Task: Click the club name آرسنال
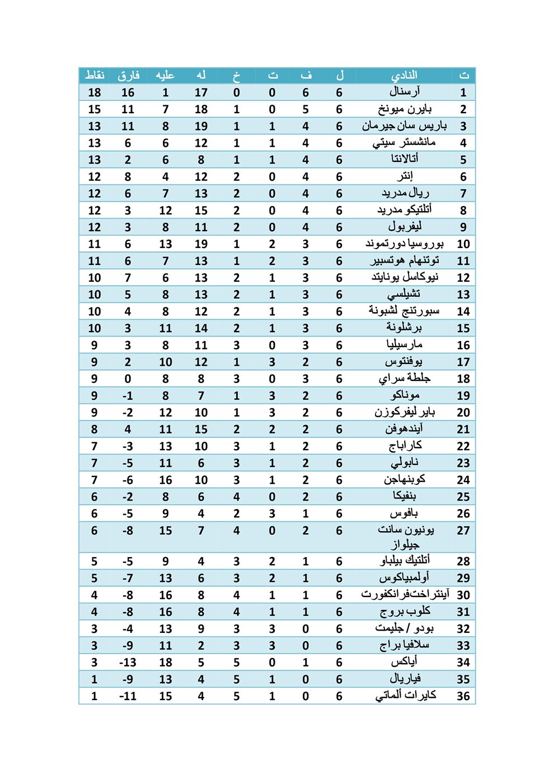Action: pyautogui.click(x=404, y=92)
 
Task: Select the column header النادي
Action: pyautogui.click(x=403, y=75)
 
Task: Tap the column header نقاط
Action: pyautogui.click(x=94, y=75)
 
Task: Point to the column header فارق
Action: pyautogui.click(x=128, y=75)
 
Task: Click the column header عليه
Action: pyautogui.click(x=165, y=75)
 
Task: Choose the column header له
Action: pyautogui.click(x=201, y=75)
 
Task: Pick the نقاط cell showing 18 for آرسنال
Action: pyautogui.click(x=94, y=92)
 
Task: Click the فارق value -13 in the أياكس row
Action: pyautogui.click(x=128, y=662)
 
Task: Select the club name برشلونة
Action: pyautogui.click(x=403, y=328)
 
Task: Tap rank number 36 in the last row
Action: pyautogui.click(x=463, y=696)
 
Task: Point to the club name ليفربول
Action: pyautogui.click(x=404, y=227)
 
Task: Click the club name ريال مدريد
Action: pyautogui.click(x=405, y=193)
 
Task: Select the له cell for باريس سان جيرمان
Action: pyautogui.click(x=201, y=126)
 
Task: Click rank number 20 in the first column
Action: pyautogui.click(x=463, y=412)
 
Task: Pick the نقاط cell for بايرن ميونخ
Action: pyautogui.click(x=94, y=109)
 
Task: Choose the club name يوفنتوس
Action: pyautogui.click(x=403, y=362)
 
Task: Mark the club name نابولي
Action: pyautogui.click(x=404, y=463)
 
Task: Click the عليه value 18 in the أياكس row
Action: pyautogui.click(x=165, y=662)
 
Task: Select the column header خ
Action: pyautogui.click(x=236, y=75)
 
